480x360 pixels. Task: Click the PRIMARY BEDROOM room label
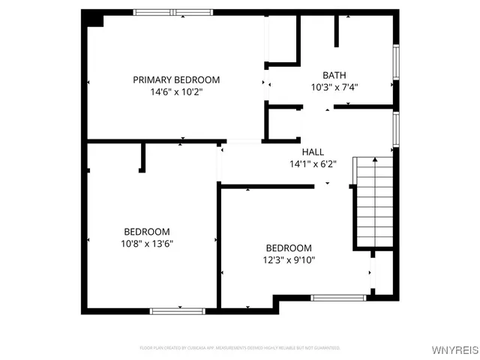(176, 79)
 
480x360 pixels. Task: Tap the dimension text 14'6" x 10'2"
(176, 91)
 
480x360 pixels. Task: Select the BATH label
(334, 75)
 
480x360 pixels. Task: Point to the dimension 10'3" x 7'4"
(334, 87)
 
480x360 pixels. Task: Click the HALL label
(313, 152)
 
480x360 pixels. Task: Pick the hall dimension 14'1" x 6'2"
(313, 164)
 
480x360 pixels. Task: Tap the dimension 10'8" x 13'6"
(147, 244)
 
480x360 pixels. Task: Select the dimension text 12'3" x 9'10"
(289, 260)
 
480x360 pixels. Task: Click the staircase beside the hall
(373, 202)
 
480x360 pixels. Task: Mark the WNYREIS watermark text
(453, 350)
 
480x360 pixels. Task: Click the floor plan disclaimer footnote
(240, 348)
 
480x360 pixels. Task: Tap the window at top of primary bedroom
(172, 12)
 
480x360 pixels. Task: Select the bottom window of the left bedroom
(178, 310)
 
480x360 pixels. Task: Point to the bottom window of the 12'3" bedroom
(339, 298)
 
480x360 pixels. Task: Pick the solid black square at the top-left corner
(92, 19)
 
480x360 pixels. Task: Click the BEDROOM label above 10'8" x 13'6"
(147, 232)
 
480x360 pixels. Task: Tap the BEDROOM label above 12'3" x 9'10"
(289, 248)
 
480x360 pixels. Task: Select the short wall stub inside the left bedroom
(142, 157)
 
